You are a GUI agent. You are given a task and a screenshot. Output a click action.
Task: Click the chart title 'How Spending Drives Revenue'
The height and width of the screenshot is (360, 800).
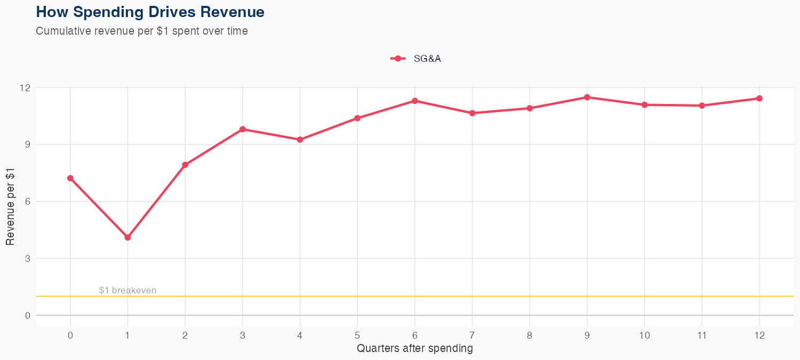pyautogui.click(x=150, y=12)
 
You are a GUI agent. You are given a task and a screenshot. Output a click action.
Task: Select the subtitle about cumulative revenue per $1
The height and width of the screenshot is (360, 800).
pyautogui.click(x=142, y=31)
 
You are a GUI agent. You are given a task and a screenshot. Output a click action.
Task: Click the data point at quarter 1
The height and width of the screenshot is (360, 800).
pyautogui.click(x=127, y=237)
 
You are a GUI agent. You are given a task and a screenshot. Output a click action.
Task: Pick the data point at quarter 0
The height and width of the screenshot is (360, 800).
pyautogui.click(x=70, y=178)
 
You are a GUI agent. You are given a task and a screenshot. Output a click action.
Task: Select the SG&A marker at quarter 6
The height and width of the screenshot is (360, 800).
pyautogui.click(x=415, y=101)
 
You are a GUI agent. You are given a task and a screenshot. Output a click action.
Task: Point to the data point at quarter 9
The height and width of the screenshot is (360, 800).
pyautogui.click(x=587, y=97)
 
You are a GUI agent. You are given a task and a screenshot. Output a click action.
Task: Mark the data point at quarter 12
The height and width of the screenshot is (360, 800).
pyautogui.click(x=759, y=98)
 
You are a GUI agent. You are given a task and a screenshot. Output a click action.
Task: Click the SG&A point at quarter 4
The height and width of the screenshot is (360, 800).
pyautogui.click(x=300, y=140)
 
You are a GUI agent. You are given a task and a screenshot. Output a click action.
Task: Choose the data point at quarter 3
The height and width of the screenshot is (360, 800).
pyautogui.click(x=243, y=129)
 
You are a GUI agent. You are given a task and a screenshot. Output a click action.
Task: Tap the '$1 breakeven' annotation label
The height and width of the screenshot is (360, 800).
pyautogui.click(x=127, y=291)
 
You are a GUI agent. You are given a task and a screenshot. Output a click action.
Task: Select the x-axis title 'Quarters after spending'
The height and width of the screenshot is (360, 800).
pyautogui.click(x=414, y=349)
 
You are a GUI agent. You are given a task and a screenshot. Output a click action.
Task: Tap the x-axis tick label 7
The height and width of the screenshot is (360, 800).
pyautogui.click(x=472, y=335)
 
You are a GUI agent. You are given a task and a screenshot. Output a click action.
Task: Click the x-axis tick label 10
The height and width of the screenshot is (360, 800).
pyautogui.click(x=644, y=335)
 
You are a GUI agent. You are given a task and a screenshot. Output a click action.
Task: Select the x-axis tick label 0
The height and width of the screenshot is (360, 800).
pyautogui.click(x=70, y=335)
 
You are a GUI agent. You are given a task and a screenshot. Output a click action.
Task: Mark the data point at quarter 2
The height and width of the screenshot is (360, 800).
pyautogui.click(x=185, y=165)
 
